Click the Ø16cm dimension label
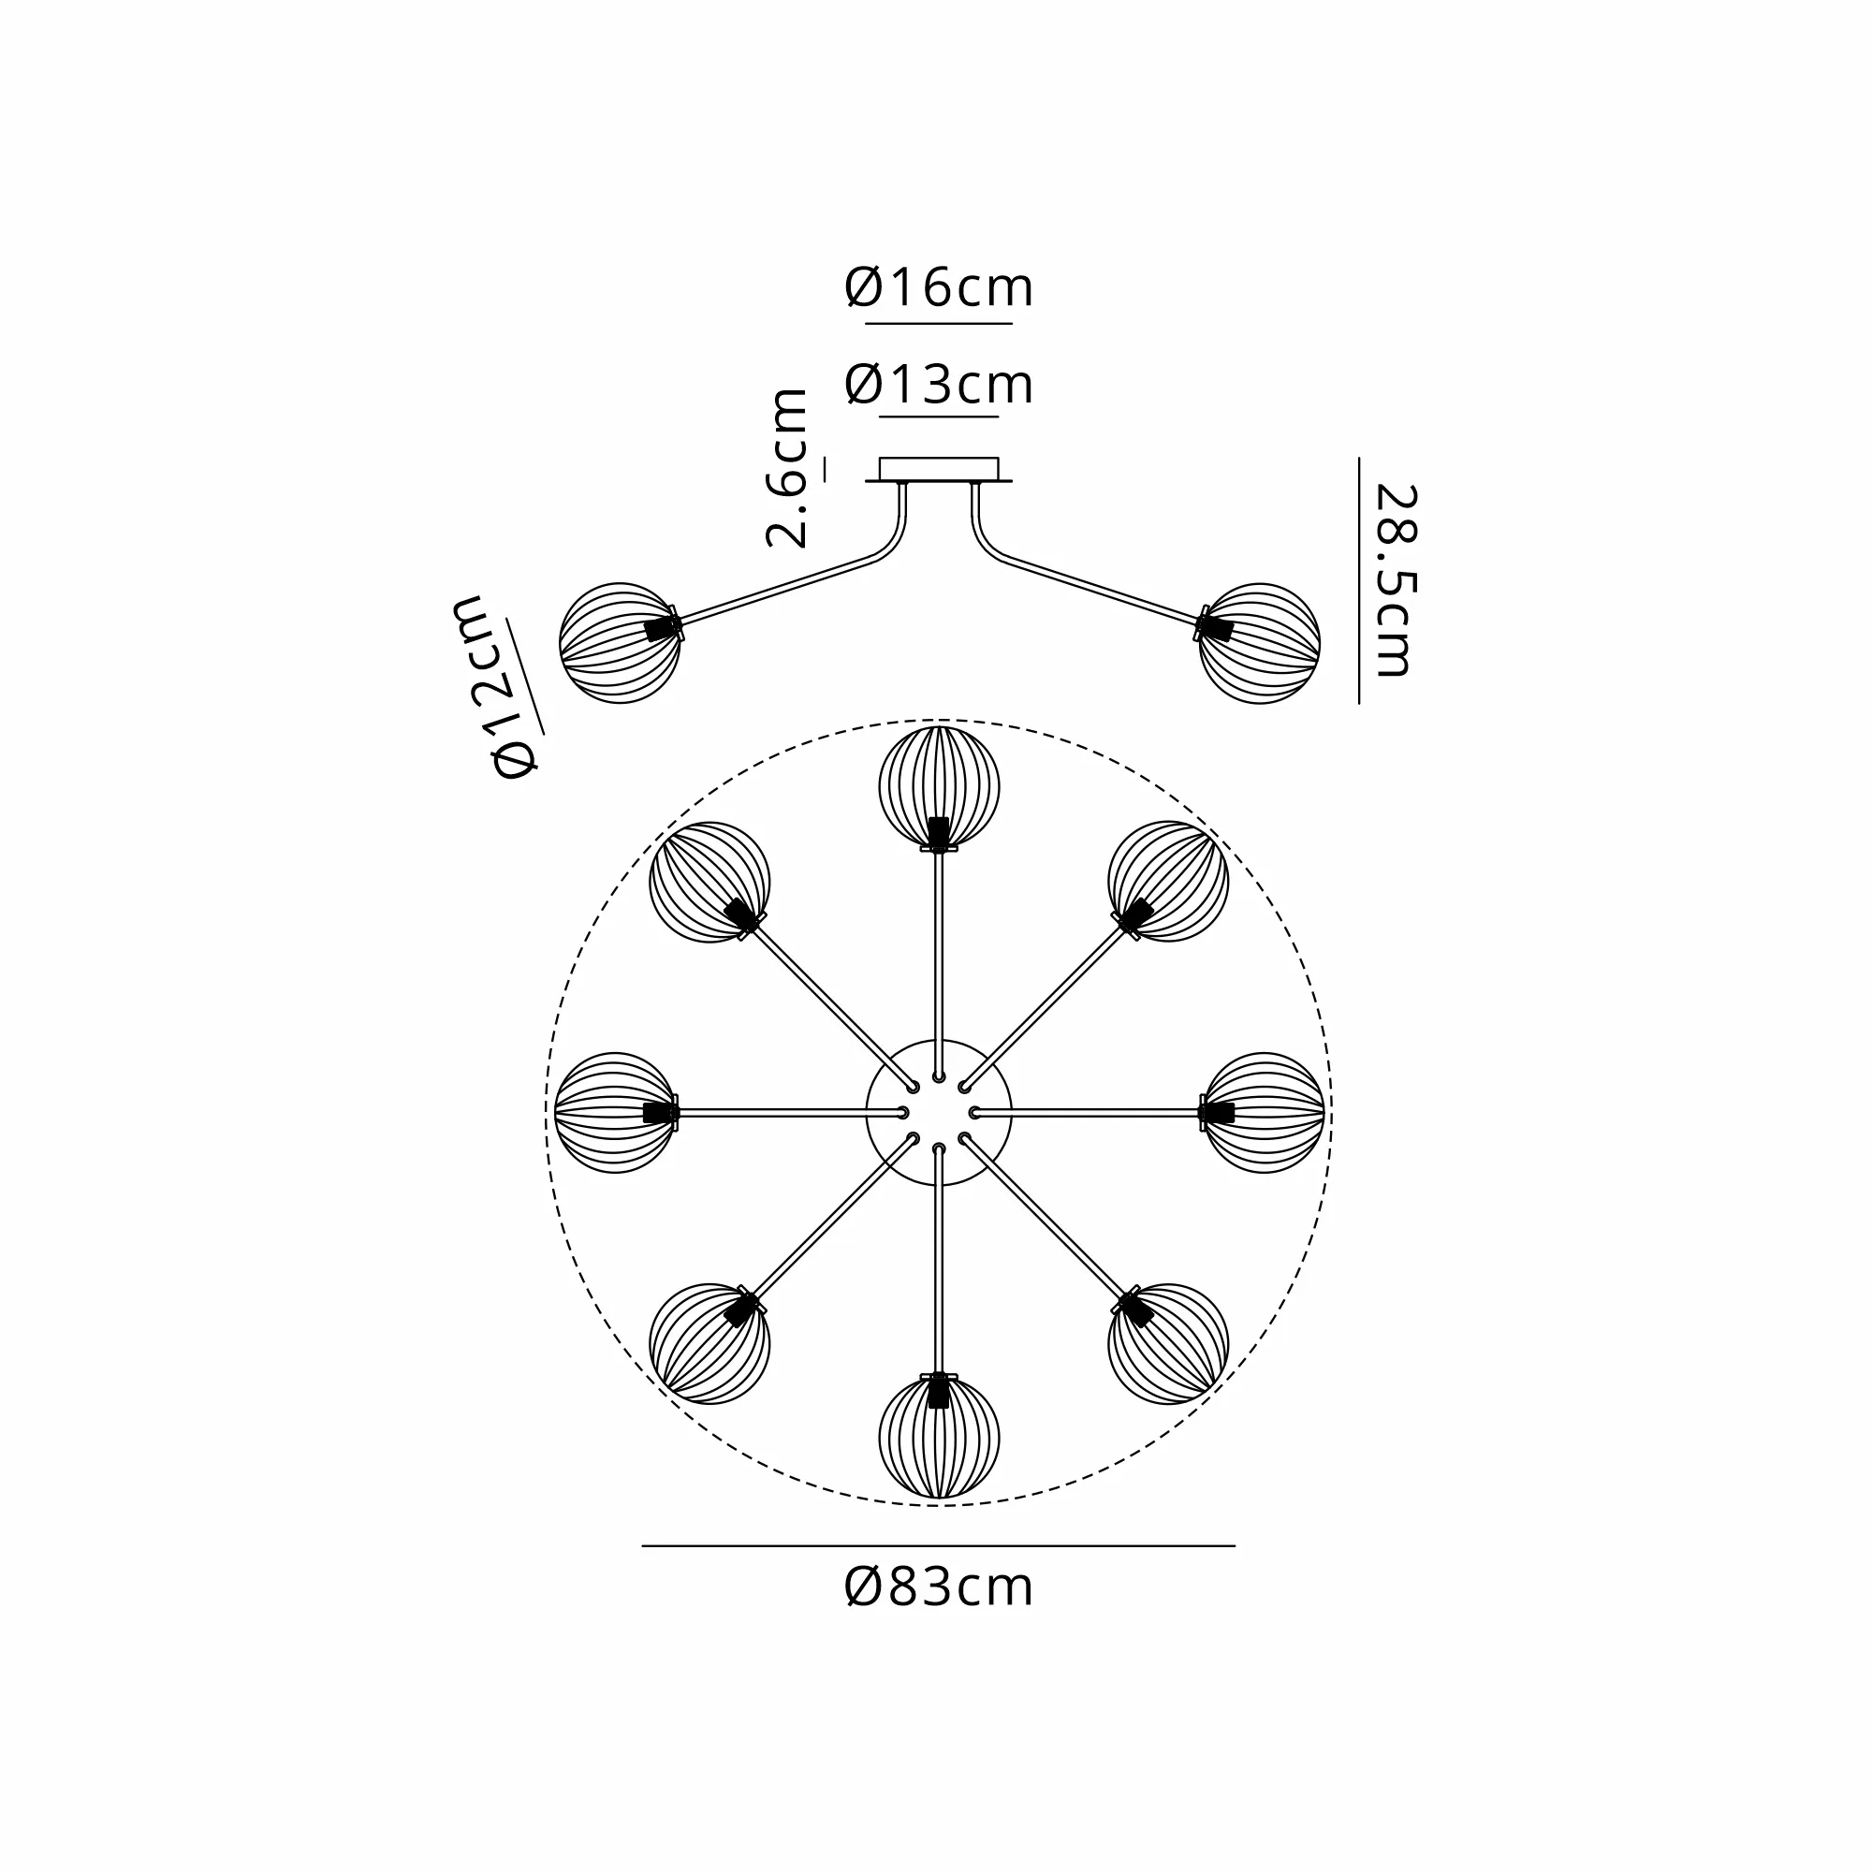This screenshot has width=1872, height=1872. tap(939, 287)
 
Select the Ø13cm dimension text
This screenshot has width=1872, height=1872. tap(939, 384)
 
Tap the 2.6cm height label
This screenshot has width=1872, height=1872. tap(787, 468)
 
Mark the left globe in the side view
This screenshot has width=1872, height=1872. tap(621, 642)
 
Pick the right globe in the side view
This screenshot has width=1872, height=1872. tap(1260, 642)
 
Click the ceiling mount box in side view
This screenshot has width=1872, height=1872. tap(939, 469)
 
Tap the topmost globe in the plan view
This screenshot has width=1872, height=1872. tap(939, 787)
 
